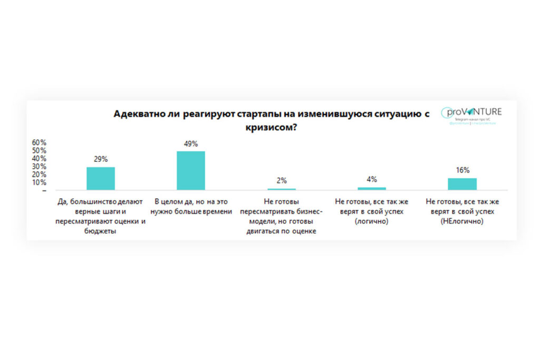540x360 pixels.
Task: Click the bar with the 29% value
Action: [x=101, y=178]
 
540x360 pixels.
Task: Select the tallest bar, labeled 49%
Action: [x=191, y=170]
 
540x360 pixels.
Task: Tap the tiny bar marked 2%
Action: [x=282, y=189]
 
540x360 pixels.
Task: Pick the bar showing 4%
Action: [x=372, y=188]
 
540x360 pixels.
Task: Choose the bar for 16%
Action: [x=462, y=183]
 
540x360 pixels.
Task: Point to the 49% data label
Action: [x=191, y=143]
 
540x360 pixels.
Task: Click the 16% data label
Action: [x=462, y=170]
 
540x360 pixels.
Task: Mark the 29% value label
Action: [x=101, y=159]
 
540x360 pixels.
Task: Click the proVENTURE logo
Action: [x=472, y=112]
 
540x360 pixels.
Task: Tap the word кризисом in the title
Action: [x=268, y=128]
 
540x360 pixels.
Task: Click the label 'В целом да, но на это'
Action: [x=191, y=202]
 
